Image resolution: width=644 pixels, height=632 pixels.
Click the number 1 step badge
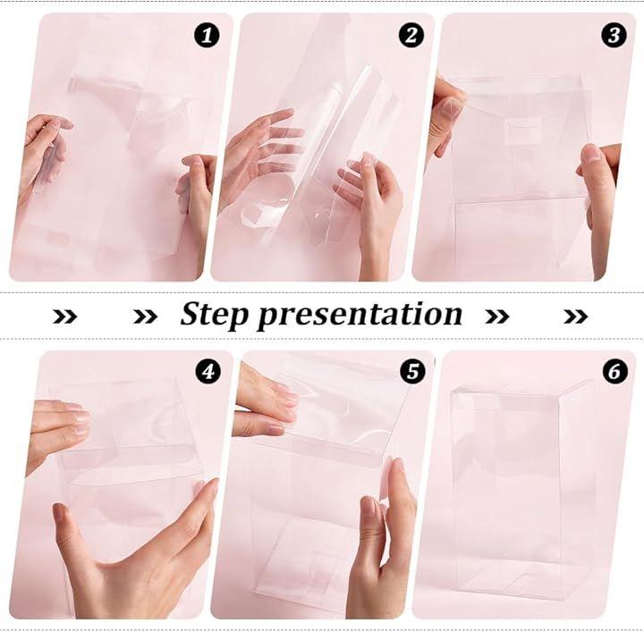207,35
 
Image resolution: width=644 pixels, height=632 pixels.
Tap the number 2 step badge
411,35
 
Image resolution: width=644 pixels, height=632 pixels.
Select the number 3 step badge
614,35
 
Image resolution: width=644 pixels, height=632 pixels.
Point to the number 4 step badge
208,372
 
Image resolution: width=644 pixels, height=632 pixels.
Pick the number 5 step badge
412,372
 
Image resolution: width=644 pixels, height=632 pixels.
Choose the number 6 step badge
615,372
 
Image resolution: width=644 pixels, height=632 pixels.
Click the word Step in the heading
215,316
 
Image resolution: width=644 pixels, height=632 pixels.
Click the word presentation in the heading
360,316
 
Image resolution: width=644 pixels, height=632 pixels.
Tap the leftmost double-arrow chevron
65,316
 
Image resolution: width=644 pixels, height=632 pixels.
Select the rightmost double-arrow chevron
576,316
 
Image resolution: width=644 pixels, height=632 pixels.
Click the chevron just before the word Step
146,316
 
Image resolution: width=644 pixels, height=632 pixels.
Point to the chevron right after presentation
497,316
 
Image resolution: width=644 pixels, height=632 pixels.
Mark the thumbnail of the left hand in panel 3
453,107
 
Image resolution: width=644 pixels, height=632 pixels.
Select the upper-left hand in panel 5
263,404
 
